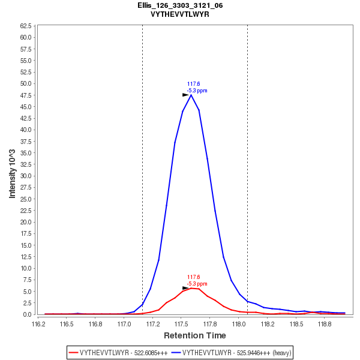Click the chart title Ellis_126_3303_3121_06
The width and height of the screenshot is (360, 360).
(x=180, y=5)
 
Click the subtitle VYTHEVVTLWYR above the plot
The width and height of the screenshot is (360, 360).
(x=180, y=14)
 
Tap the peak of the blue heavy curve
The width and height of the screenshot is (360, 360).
(x=191, y=95)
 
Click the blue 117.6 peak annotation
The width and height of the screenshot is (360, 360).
(x=193, y=84)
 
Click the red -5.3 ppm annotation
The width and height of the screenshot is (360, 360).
(x=197, y=284)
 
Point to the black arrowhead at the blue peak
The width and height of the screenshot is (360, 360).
(x=185, y=95)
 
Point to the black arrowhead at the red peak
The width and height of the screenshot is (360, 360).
(x=185, y=288)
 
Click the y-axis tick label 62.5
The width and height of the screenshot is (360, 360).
(x=26, y=26)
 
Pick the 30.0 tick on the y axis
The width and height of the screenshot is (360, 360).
(x=26, y=176)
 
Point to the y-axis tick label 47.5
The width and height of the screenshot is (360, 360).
(x=26, y=95)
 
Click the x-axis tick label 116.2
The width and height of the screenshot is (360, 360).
(x=38, y=323)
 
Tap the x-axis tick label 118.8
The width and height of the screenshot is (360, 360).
(x=324, y=323)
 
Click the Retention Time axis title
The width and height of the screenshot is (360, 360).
(x=195, y=335)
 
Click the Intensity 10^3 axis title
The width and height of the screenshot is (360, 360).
(x=12, y=170)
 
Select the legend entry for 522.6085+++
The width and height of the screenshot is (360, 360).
(x=118, y=353)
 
